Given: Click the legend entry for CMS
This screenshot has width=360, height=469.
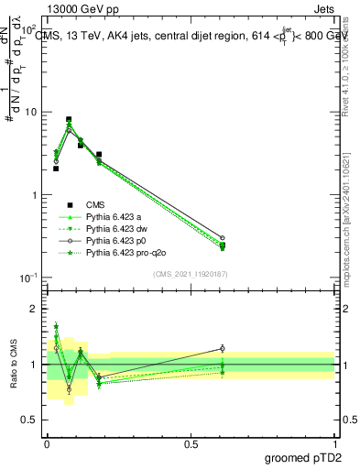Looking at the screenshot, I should pos(96,205).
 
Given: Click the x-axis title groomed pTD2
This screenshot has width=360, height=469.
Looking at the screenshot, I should pos(302,457).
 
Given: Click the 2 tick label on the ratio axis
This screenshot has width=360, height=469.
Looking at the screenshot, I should pos(35,309).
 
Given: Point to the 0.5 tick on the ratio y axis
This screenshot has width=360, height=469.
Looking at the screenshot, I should pos(29,420).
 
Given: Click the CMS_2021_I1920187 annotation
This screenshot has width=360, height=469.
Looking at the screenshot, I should pos(191,274).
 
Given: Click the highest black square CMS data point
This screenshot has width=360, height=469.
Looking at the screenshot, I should pos(69,119).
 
